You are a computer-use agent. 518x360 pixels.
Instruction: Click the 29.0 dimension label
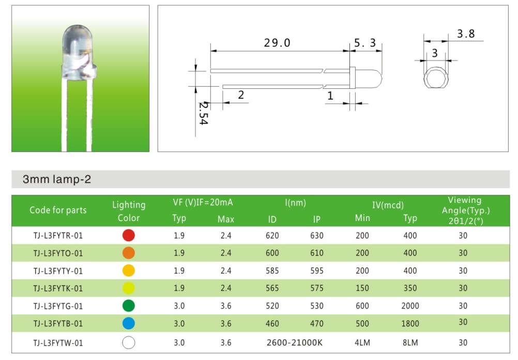point(277,43)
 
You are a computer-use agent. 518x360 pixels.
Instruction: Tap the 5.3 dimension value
point(365,43)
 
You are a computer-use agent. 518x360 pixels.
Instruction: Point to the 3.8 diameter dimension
point(465,34)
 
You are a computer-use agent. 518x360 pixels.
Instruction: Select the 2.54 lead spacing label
point(203,113)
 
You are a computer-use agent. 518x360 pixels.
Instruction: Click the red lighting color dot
point(128,236)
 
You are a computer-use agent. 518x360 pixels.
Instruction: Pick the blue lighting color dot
point(128,324)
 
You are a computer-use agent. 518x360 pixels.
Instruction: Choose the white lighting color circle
point(128,342)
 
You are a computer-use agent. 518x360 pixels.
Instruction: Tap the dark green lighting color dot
point(128,306)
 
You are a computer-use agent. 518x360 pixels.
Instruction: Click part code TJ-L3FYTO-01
point(58,253)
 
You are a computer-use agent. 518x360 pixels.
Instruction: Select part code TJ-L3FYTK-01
point(58,288)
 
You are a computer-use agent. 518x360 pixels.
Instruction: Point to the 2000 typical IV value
point(410,306)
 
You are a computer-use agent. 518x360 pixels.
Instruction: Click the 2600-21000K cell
point(294,342)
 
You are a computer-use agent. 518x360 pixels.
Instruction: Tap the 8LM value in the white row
point(410,342)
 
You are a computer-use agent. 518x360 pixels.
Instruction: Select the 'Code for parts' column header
point(58,210)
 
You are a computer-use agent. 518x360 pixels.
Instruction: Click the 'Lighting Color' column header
point(128,211)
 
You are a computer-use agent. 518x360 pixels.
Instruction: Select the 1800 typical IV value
point(410,324)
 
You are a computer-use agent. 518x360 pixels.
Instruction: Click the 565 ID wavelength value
point(272,288)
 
